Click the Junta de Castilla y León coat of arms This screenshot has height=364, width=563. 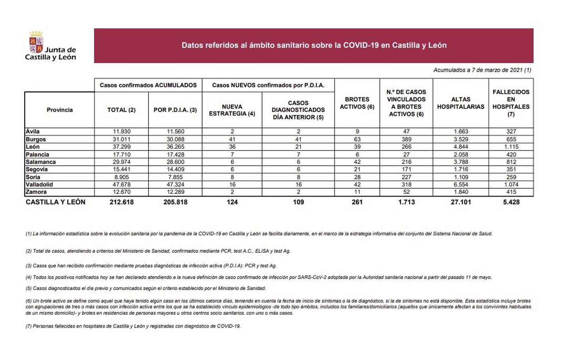36,43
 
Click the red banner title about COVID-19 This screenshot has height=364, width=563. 314,45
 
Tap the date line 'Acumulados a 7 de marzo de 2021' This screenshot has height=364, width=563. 482,70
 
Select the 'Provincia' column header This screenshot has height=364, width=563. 59,110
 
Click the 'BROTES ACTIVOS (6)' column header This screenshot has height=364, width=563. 357,103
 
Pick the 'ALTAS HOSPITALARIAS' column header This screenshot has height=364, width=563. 460,103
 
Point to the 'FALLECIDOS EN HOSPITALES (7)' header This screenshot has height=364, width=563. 511,103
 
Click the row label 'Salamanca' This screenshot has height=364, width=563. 40,162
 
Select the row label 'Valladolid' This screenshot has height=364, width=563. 39,184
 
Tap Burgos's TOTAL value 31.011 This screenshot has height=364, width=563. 121,139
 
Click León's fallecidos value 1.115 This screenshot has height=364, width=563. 511,147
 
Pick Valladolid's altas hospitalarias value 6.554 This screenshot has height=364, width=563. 461,184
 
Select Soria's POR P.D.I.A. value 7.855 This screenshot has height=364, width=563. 175,177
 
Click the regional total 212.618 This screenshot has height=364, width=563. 121,202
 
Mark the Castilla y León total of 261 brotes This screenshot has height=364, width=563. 357,202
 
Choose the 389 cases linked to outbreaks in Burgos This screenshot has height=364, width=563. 406,139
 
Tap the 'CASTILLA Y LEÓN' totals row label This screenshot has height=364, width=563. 55,202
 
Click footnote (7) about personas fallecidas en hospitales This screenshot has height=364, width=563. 133,326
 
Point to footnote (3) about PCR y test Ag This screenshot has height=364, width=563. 151,266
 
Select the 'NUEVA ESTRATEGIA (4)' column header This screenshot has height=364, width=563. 232,110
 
